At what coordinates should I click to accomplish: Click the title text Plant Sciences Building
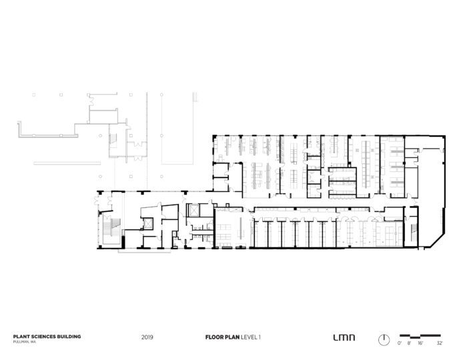point(47,337)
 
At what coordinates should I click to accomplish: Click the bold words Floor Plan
point(221,337)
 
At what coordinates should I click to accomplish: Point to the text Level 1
point(250,337)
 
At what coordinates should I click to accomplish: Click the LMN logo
point(344,337)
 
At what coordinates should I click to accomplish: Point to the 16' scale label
point(420,343)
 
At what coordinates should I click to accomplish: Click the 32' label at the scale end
point(439,343)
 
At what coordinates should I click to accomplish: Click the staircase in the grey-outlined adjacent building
point(113,140)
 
